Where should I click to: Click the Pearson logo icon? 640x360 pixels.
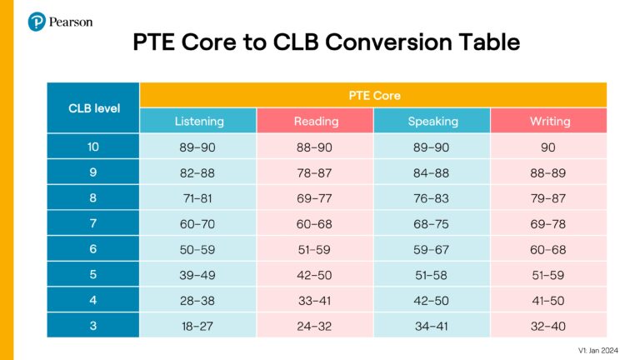click(36, 22)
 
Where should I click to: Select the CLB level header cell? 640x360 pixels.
click(93, 107)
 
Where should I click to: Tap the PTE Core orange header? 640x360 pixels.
click(373, 95)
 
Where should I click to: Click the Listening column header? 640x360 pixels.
click(198, 121)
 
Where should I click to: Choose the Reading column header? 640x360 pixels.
click(316, 121)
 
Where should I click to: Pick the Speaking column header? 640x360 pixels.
click(432, 121)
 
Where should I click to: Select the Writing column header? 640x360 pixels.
click(549, 121)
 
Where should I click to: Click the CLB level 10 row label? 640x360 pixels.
click(93, 147)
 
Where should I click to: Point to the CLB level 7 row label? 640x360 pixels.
click(93, 222)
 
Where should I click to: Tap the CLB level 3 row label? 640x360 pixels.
click(93, 325)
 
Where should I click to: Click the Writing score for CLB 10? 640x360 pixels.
click(549, 147)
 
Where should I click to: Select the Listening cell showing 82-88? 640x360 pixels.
click(198, 172)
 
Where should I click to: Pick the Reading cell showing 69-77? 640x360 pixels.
click(316, 197)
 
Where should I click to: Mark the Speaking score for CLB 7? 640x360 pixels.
click(432, 222)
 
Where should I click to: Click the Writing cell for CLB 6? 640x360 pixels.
click(549, 248)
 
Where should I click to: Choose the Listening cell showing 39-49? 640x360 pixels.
click(198, 274)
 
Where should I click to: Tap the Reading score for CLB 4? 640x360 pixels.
click(316, 299)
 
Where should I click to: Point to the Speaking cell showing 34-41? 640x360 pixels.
click(432, 325)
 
